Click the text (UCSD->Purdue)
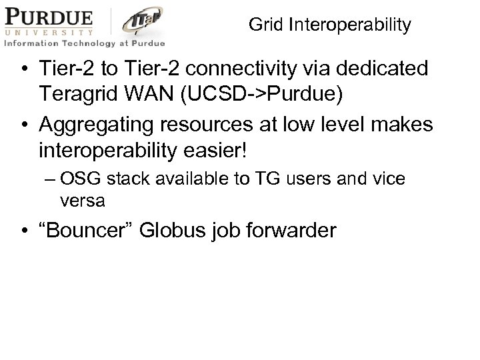[269, 93]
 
